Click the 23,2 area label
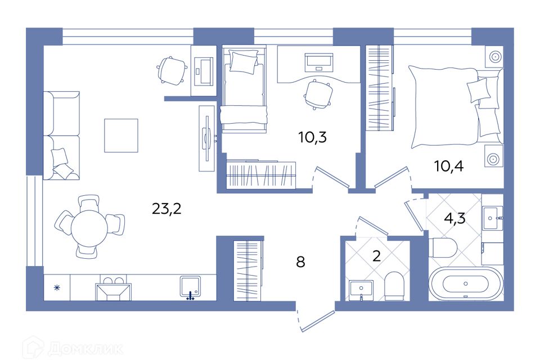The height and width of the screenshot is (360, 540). (x=166, y=209)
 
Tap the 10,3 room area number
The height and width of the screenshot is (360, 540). (x=312, y=137)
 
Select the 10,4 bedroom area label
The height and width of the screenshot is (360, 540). (x=448, y=166)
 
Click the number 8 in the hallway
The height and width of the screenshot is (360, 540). (x=300, y=263)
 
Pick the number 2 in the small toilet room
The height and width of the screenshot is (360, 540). (x=377, y=256)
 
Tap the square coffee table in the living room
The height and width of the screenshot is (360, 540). (x=121, y=136)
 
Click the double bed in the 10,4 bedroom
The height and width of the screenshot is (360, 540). (x=450, y=105)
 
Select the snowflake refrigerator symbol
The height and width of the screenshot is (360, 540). (x=56, y=287)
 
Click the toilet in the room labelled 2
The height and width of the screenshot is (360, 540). (x=395, y=285)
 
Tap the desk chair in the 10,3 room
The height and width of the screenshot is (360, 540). (x=317, y=93)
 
